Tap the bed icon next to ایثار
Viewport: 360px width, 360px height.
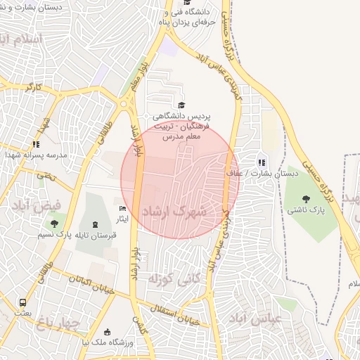(123, 209)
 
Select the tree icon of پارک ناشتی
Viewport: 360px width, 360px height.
(306, 198)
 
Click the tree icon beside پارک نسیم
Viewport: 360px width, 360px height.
(54, 224)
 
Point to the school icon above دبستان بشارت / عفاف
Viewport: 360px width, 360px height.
(262, 162)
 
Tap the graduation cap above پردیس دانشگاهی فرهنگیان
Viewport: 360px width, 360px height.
(182, 105)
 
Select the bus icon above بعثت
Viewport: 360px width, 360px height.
(22, 304)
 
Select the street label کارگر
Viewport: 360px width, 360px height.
(34, 89)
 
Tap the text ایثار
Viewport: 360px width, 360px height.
(122, 220)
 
